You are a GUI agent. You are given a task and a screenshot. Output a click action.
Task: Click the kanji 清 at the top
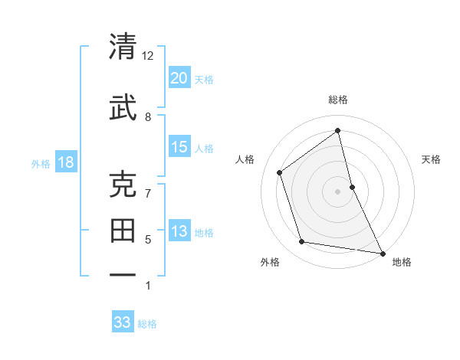(x=123, y=47)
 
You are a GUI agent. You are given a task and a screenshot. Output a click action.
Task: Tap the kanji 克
(x=123, y=185)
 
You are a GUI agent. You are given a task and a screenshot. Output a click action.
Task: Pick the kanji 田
(x=123, y=230)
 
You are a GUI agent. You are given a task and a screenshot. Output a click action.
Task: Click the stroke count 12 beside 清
(x=148, y=56)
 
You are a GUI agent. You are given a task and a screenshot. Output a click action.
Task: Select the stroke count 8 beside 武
(x=148, y=116)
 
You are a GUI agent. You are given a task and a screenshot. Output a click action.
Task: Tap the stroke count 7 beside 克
(x=148, y=193)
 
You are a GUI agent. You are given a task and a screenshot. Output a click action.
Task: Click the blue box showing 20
(x=179, y=77)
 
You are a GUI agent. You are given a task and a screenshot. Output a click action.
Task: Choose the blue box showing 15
(x=179, y=146)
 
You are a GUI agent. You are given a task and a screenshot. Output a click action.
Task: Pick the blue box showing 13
(x=179, y=231)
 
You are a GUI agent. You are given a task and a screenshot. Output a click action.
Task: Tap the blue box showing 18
(x=65, y=162)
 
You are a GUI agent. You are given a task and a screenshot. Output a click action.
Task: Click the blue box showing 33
(x=123, y=322)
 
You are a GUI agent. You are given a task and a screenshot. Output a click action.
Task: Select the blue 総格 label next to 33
(x=147, y=324)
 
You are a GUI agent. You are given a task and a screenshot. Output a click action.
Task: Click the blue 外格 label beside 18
(x=41, y=163)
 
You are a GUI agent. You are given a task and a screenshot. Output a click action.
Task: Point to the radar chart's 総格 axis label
(x=338, y=100)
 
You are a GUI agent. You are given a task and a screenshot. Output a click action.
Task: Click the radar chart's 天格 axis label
(x=431, y=159)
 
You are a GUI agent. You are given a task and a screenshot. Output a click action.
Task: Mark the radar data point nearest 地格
(x=382, y=253)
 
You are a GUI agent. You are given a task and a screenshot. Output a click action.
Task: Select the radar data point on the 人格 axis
(x=280, y=172)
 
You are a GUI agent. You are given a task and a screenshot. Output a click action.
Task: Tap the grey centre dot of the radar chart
(x=338, y=191)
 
